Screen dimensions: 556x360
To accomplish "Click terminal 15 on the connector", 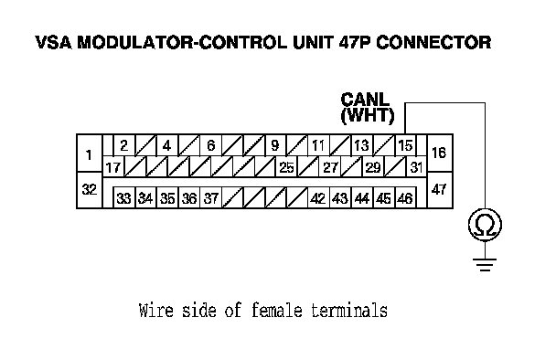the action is (x=405, y=145).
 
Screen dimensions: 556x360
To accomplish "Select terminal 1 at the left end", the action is (x=90, y=154).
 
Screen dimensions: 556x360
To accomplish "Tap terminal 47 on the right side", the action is (x=440, y=190).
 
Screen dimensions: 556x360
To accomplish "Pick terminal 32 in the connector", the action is (x=90, y=190).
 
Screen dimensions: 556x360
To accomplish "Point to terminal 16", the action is (x=440, y=154).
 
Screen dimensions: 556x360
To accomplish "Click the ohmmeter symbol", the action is (x=485, y=225).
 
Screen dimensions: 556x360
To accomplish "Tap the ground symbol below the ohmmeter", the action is (x=485, y=265).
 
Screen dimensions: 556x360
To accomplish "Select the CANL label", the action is (x=365, y=100).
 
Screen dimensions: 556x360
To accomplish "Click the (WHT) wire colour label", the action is (x=368, y=115).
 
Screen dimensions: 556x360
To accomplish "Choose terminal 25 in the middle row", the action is (x=286, y=167).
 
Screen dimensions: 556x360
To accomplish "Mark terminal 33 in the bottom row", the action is (x=124, y=197).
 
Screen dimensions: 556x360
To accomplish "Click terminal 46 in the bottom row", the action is (x=405, y=197).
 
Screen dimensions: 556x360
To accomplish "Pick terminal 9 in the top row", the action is (x=275, y=145).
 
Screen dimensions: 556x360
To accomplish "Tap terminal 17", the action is (x=113, y=167).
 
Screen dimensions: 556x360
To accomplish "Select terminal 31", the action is (x=416, y=167).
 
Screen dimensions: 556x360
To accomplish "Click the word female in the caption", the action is (x=276, y=311).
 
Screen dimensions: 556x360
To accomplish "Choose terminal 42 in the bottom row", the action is (x=318, y=197).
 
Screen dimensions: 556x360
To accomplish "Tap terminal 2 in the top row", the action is (x=124, y=145).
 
